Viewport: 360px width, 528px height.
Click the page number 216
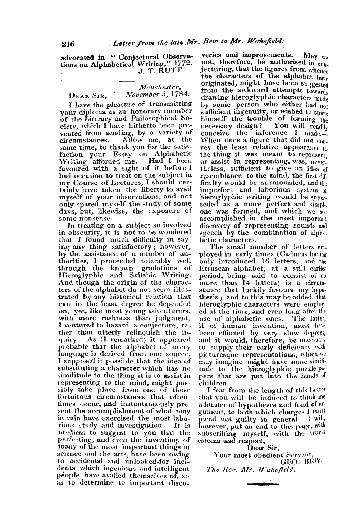[67, 44]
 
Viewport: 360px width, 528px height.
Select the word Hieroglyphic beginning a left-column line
[82, 276]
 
